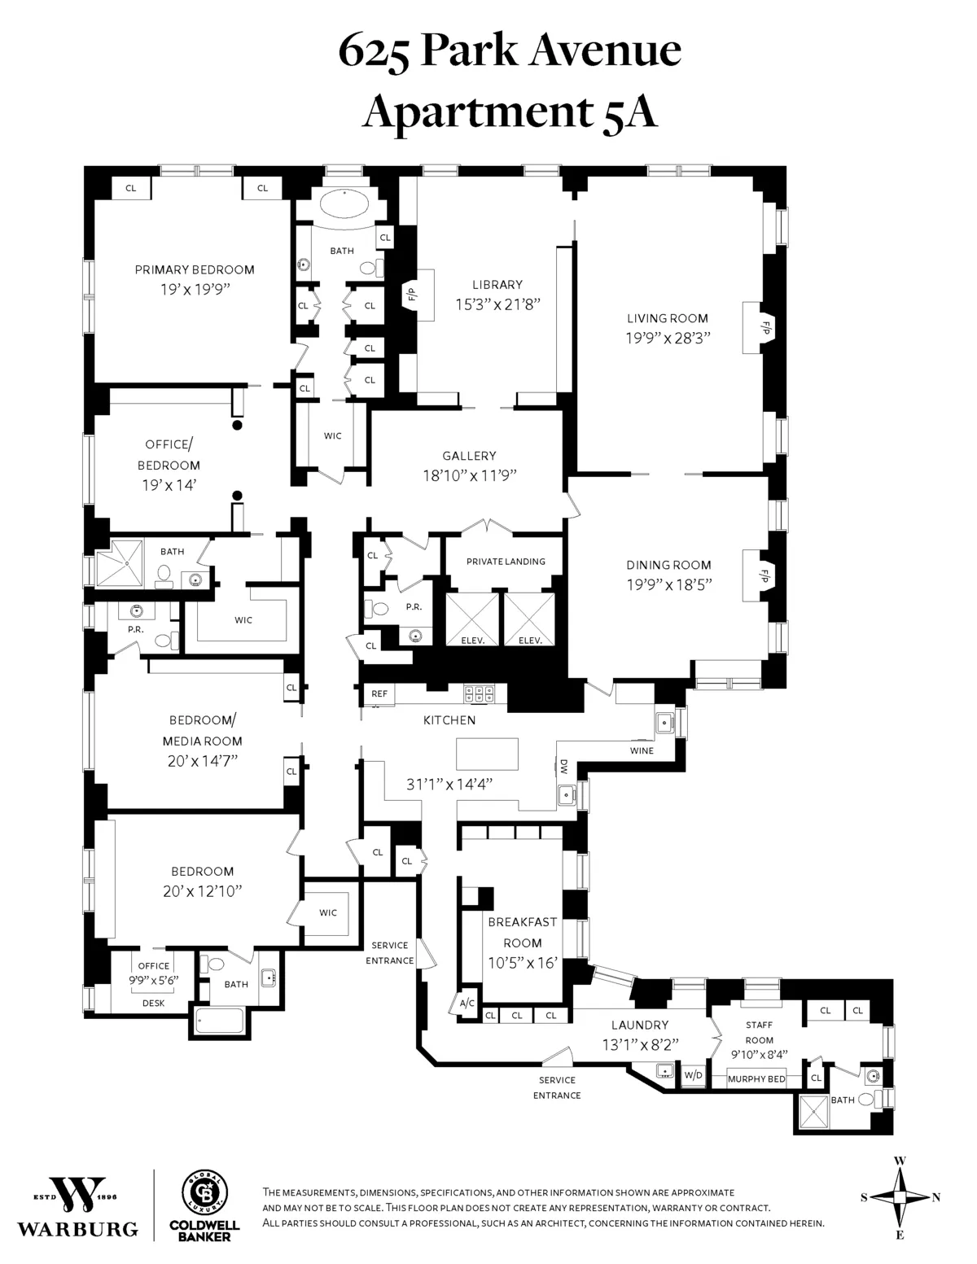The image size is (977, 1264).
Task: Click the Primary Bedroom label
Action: pos(195,270)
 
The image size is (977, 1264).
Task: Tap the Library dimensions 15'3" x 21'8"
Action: pos(497,305)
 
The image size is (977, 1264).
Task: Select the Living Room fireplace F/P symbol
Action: pos(765,328)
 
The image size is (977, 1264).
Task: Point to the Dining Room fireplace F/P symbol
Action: pos(765,575)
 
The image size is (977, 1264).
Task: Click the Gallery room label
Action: pos(469,456)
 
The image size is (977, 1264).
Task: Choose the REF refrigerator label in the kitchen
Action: pos(379,694)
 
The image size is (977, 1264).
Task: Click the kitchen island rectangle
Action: pos(487,754)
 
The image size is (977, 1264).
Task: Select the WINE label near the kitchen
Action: pos(642,750)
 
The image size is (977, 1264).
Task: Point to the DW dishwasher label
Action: pos(563,766)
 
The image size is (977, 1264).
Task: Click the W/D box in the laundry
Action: pos(693,1075)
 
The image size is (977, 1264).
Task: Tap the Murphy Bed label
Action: pos(756,1078)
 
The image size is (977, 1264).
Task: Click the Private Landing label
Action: pos(506,562)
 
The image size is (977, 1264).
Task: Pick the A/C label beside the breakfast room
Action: pos(467,1004)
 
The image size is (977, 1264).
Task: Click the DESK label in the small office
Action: pos(153,1003)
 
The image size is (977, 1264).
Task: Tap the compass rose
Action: pos(900,1196)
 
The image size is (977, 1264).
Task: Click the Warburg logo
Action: pos(78,1205)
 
